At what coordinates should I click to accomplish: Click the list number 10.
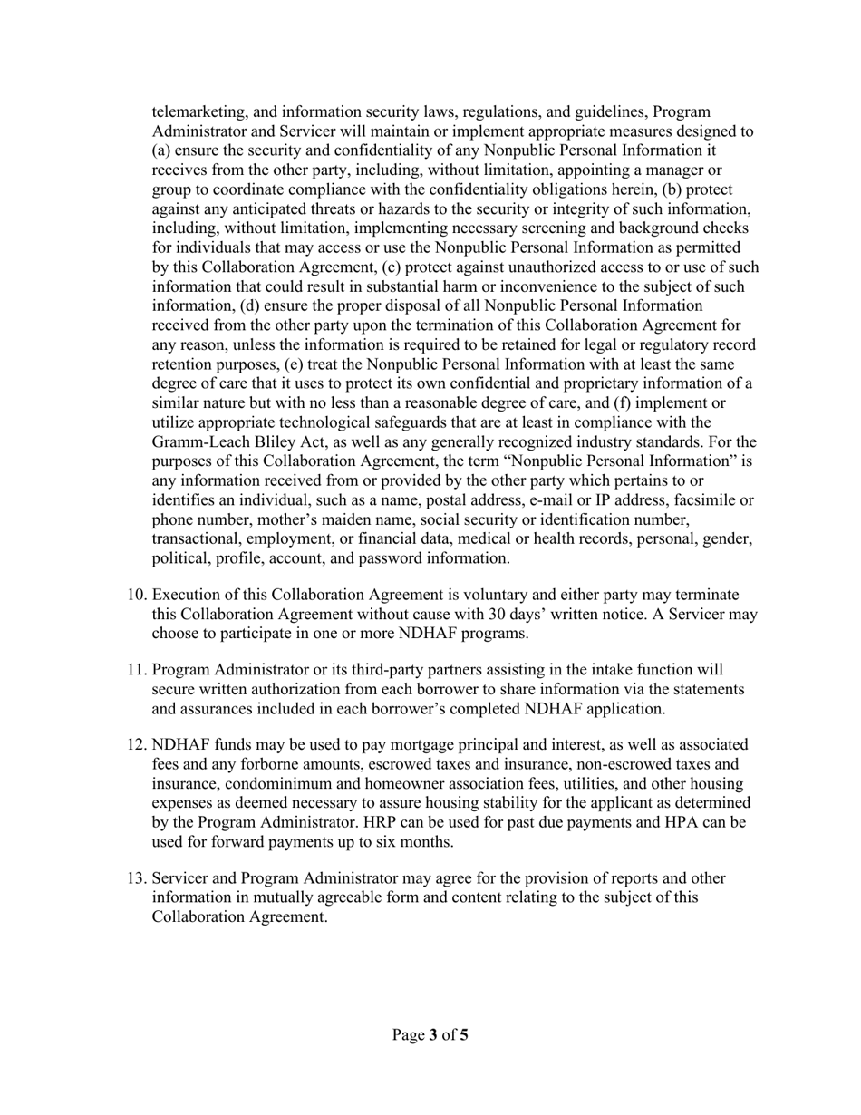[135, 595]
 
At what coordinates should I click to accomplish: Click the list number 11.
[135, 670]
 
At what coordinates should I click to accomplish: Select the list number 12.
[135, 745]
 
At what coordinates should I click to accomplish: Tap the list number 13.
[135, 878]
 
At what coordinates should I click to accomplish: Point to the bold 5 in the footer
[464, 1034]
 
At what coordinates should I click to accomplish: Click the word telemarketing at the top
[199, 112]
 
